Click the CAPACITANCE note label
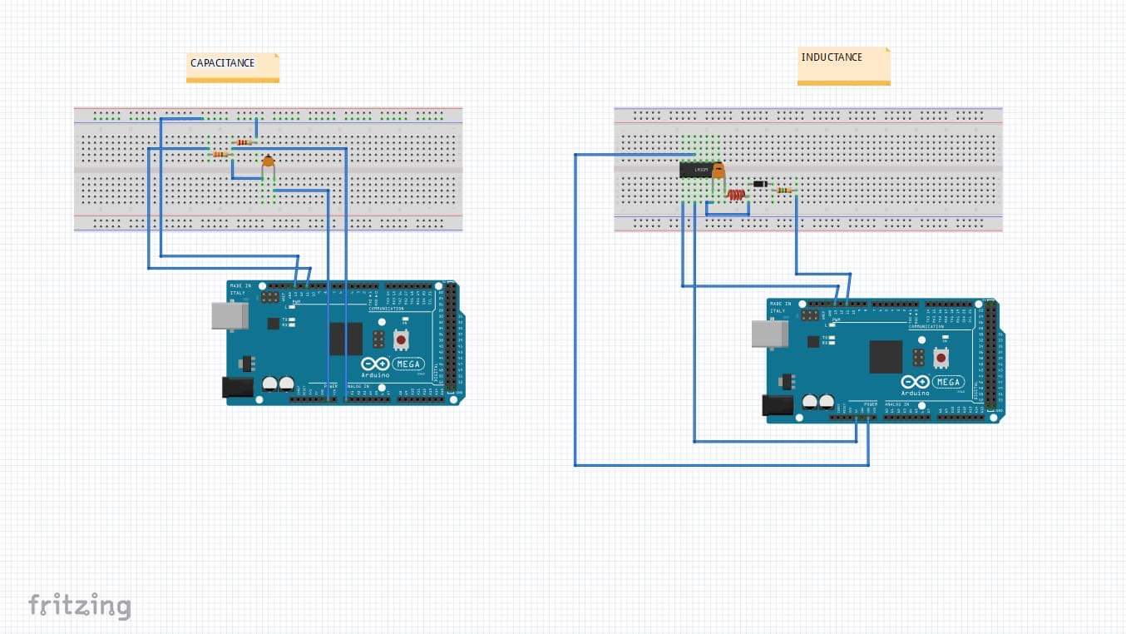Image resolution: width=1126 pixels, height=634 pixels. point(223,63)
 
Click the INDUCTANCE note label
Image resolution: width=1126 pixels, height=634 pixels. point(832,57)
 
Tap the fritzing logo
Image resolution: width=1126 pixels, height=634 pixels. point(80,605)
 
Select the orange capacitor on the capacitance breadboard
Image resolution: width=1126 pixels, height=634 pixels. point(268,162)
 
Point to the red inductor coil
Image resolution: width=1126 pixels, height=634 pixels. point(736,196)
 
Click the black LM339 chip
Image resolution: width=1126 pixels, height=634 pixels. point(695,171)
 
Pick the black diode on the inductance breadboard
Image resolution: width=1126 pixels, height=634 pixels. point(758,184)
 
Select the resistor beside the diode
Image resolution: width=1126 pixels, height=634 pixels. point(783,191)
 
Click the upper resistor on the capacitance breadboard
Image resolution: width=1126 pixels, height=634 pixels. point(244,142)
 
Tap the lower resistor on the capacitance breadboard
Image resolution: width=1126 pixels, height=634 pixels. point(220,154)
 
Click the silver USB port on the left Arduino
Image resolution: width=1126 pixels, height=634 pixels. point(229,315)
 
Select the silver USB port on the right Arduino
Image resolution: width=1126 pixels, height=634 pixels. point(769,334)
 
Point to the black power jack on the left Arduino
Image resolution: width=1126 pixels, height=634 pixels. point(237,388)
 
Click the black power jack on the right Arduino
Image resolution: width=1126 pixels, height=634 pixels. point(778,405)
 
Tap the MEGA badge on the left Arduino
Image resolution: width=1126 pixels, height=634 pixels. point(408,364)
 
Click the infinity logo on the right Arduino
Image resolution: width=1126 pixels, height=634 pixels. point(915,382)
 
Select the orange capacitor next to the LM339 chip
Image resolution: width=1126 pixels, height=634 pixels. point(719,172)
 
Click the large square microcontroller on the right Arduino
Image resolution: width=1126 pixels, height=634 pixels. point(886,357)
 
